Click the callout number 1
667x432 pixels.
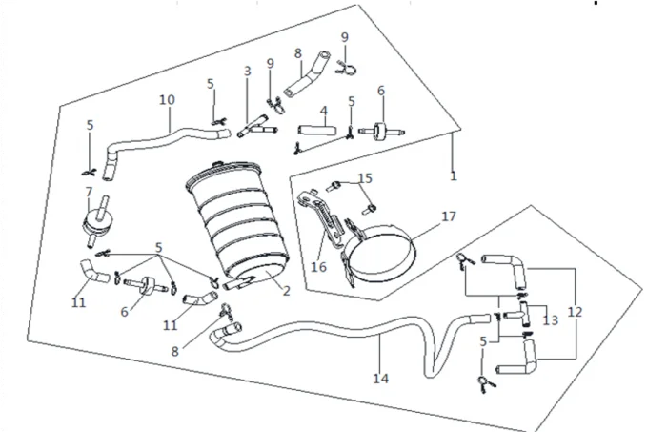coord(454,175)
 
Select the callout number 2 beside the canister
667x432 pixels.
coord(286,291)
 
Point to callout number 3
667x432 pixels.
coord(248,72)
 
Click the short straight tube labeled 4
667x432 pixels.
coord(317,129)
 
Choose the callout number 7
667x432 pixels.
coord(89,192)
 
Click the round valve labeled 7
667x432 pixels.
coord(97,220)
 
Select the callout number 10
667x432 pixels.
coord(167,99)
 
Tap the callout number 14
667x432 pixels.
coord(381,378)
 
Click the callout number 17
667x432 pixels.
coord(449,216)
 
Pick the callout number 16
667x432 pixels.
coord(318,267)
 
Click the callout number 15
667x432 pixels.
coord(365,178)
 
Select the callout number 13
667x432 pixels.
coord(550,319)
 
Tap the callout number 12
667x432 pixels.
coord(575,312)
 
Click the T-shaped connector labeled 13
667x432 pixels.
coord(521,314)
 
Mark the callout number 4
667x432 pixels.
coord(324,112)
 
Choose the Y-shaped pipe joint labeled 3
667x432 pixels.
coord(256,126)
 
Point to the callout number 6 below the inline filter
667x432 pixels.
coord(124,312)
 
